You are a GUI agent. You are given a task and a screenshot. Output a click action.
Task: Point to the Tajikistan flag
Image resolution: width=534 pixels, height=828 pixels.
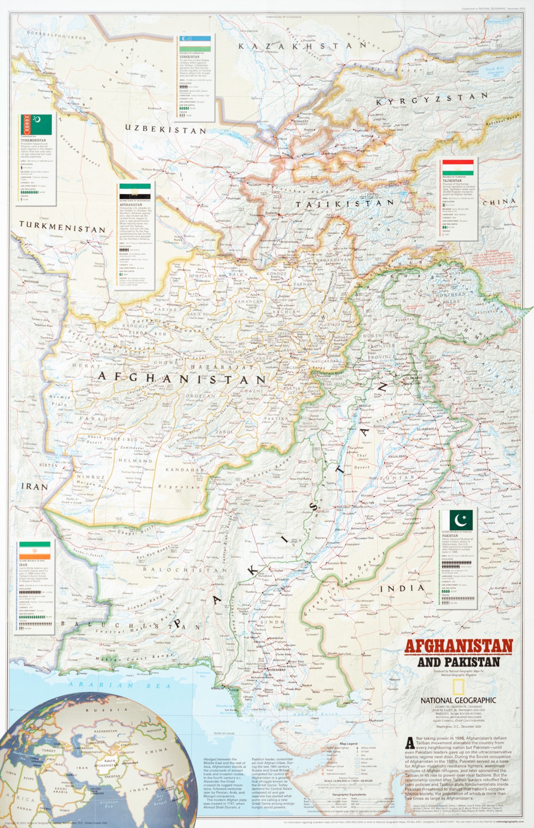(x=458, y=168)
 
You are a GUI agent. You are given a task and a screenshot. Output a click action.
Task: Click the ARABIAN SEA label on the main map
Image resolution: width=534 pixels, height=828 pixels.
(x=120, y=685)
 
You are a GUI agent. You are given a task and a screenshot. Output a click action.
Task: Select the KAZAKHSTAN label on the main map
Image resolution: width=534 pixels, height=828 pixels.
(x=302, y=46)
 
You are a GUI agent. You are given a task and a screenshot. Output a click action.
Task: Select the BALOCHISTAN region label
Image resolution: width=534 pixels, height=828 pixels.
(x=185, y=570)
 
